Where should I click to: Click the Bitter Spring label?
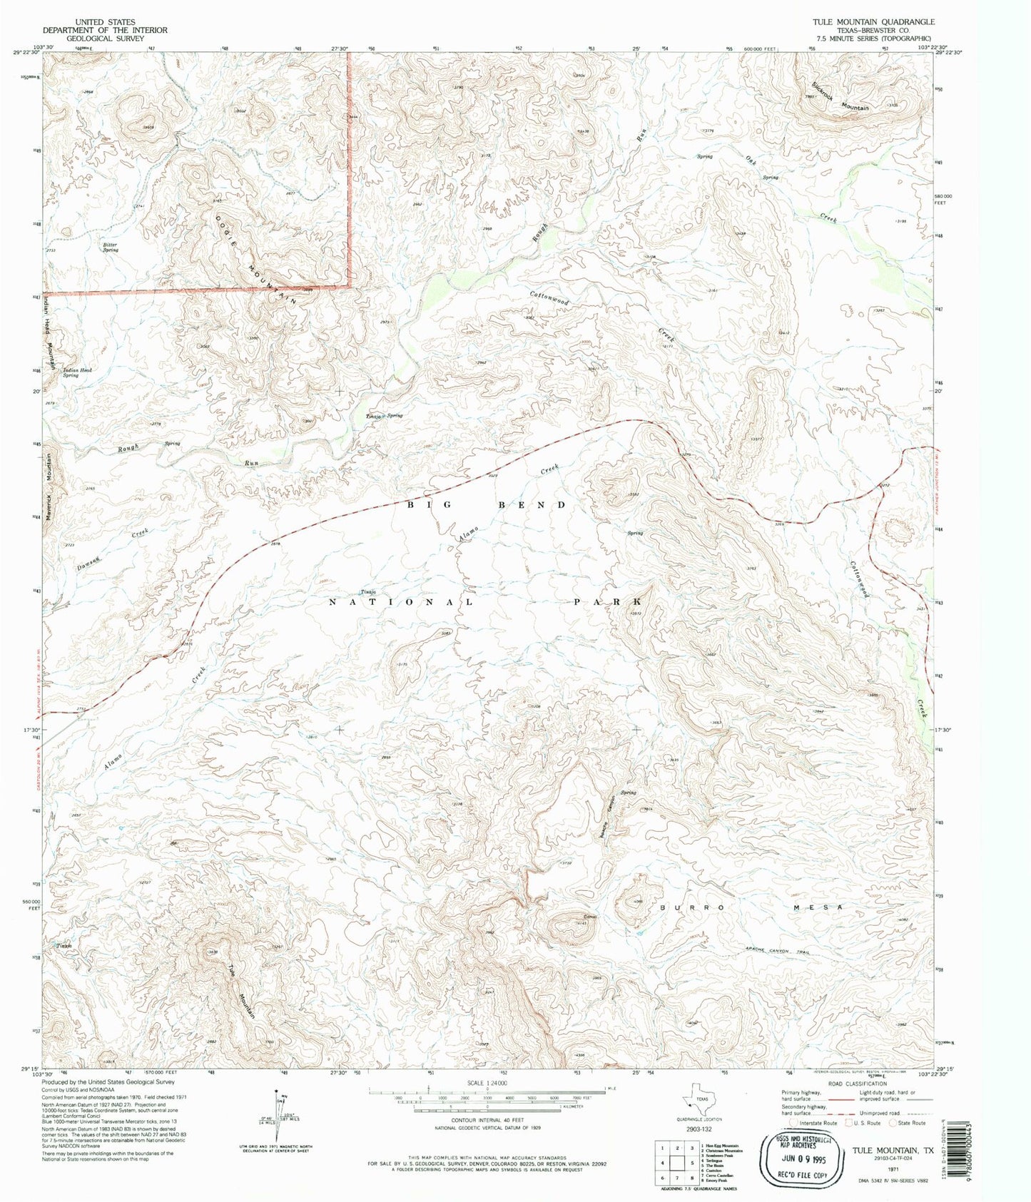[111, 248]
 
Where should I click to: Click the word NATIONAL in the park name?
[400, 603]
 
